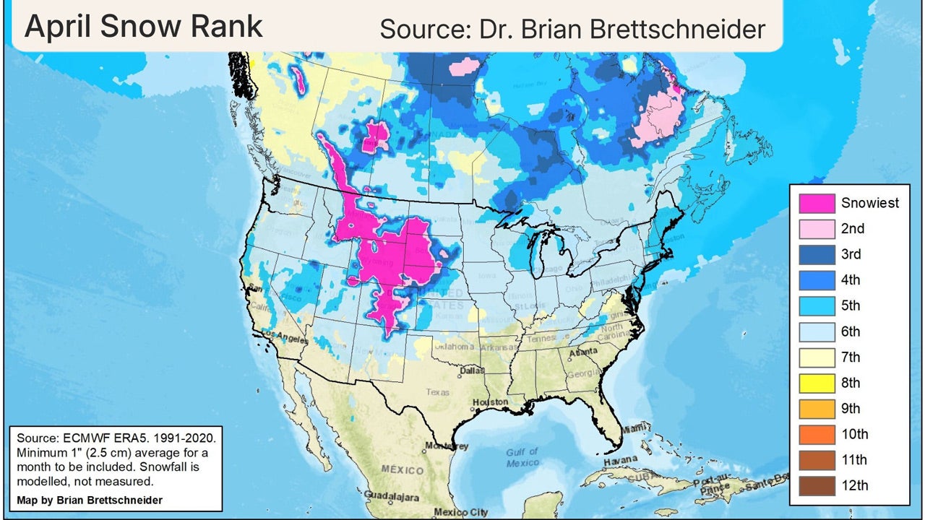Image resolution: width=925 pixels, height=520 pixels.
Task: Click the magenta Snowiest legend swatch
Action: [816, 203]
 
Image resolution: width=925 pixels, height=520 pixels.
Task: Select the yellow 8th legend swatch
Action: [816, 383]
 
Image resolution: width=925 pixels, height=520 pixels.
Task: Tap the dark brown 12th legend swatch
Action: [816, 485]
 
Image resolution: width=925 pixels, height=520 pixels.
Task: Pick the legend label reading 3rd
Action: [851, 254]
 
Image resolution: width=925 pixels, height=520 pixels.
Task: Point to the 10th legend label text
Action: [854, 434]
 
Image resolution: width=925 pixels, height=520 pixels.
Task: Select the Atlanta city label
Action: [583, 354]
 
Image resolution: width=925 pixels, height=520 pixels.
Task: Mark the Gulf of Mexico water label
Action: [522, 457]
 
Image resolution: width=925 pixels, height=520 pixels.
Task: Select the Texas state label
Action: [438, 392]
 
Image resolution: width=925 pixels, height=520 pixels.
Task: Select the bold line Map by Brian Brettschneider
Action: [89, 500]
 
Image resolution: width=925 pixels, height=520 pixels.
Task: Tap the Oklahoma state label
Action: [454, 347]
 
